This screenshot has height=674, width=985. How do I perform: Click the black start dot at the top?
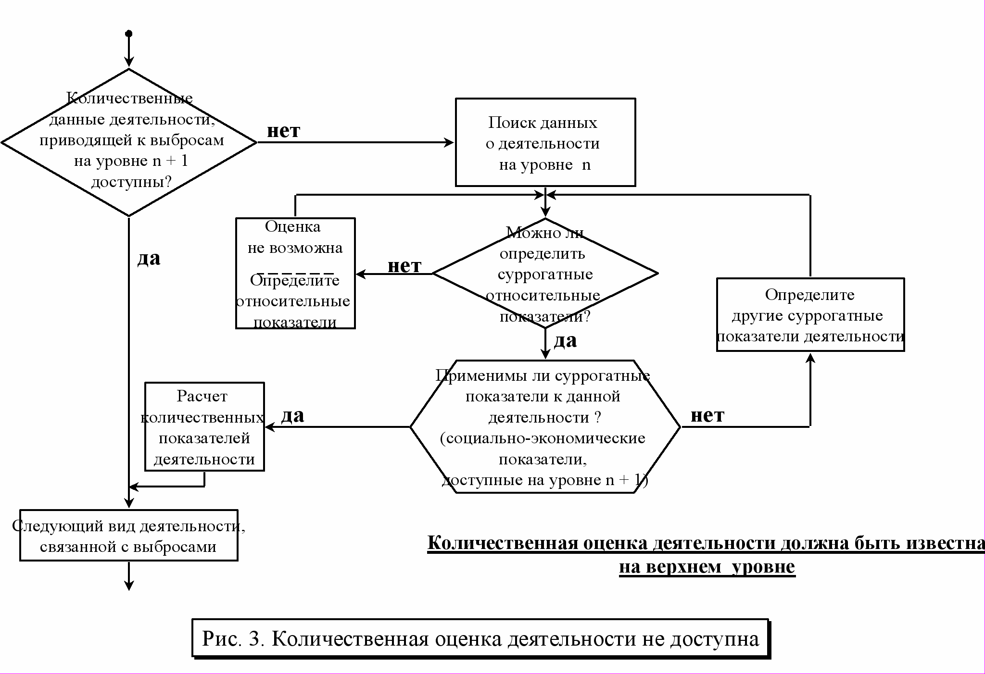[128, 34]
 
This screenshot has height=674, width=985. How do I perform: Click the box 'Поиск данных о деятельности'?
[545, 142]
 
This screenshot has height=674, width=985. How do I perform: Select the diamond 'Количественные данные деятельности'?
[129, 142]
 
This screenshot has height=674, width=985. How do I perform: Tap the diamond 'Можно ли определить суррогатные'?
[545, 274]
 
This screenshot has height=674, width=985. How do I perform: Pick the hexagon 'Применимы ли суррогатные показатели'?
[545, 427]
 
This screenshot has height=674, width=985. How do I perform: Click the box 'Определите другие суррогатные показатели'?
[810, 315]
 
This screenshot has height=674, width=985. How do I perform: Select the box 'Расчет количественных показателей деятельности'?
[205, 427]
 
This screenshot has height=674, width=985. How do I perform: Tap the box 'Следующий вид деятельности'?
[129, 536]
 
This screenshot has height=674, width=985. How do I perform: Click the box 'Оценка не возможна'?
[295, 273]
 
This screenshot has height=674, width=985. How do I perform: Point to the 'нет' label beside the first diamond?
[284, 131]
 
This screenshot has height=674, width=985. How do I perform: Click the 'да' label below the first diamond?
[149, 259]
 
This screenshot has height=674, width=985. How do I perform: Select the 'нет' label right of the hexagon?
[707, 415]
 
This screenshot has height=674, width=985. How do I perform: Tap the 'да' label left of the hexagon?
[293, 416]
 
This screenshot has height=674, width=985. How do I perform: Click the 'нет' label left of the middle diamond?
[404, 266]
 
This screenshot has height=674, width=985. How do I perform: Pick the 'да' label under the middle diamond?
[566, 341]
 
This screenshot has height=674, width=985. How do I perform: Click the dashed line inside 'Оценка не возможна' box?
[295, 273]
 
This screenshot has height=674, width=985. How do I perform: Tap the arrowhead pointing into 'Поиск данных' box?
[449, 142]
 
